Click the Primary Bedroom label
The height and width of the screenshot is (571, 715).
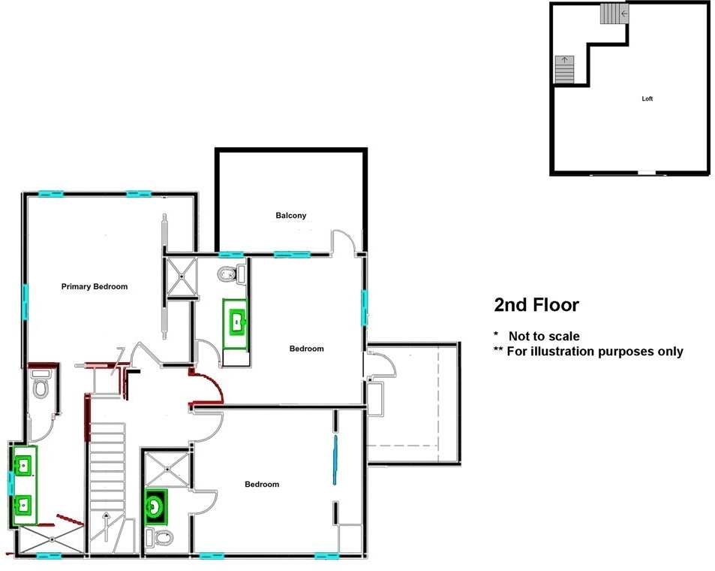click(95, 286)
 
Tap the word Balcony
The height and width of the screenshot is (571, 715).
click(291, 215)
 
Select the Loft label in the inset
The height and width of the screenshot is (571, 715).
click(647, 98)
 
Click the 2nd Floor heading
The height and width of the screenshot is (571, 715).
click(536, 305)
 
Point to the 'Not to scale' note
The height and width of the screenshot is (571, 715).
click(544, 336)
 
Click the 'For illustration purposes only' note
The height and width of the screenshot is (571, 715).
click(595, 352)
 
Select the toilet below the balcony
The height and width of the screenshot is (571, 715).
click(232, 274)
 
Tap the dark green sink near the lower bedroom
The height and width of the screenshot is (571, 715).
click(156, 506)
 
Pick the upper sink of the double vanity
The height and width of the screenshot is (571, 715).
click(23, 466)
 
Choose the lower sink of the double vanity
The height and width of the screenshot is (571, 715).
click(23, 505)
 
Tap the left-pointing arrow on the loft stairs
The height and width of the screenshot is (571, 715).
click(623, 14)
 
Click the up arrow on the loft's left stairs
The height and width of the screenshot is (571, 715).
click(564, 60)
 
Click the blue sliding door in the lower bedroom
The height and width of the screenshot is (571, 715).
click(335, 460)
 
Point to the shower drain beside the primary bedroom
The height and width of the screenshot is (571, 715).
click(182, 276)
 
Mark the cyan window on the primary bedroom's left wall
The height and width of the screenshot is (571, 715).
click(25, 301)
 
